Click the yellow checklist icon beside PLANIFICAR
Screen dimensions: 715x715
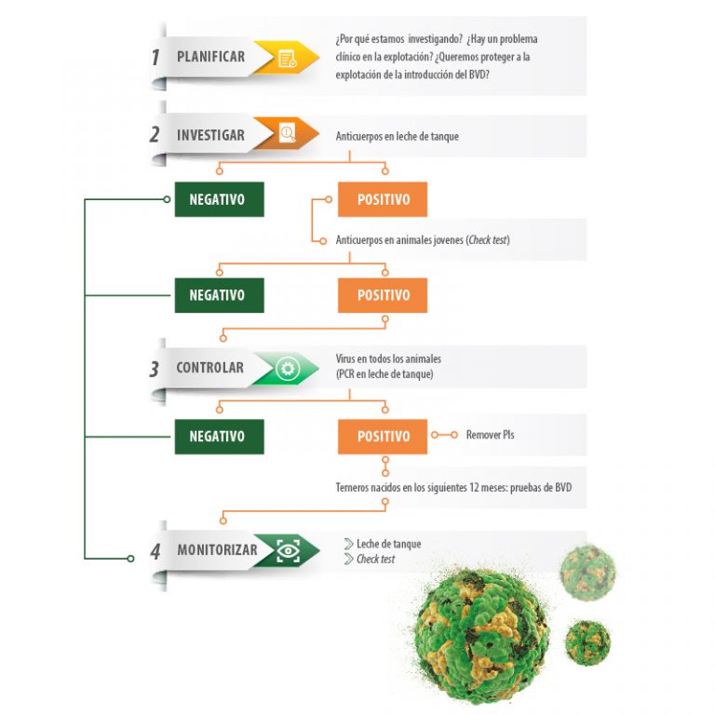point(288,59)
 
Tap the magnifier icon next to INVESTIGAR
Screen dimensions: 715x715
point(288,133)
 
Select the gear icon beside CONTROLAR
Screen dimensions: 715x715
point(288,368)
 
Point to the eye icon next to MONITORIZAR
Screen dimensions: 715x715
point(289,551)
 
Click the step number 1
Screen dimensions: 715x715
point(155,58)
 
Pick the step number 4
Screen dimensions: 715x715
point(155,552)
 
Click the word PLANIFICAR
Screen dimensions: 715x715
point(210,57)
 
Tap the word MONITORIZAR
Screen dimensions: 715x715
point(217,550)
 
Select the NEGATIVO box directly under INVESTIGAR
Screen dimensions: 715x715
point(220,199)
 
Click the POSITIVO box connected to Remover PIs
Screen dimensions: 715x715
point(383,437)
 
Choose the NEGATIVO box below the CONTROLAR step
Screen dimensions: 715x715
point(220,437)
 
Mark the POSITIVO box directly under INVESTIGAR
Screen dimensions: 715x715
point(383,199)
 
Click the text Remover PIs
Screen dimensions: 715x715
point(490,435)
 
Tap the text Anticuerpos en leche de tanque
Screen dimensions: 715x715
point(398,136)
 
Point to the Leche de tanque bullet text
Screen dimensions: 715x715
point(388,544)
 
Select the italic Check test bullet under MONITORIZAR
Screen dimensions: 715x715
point(375,559)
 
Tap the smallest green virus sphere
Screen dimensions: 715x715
point(587,642)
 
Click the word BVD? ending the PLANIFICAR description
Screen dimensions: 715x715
point(479,74)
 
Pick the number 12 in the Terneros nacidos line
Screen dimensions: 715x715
point(474,488)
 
